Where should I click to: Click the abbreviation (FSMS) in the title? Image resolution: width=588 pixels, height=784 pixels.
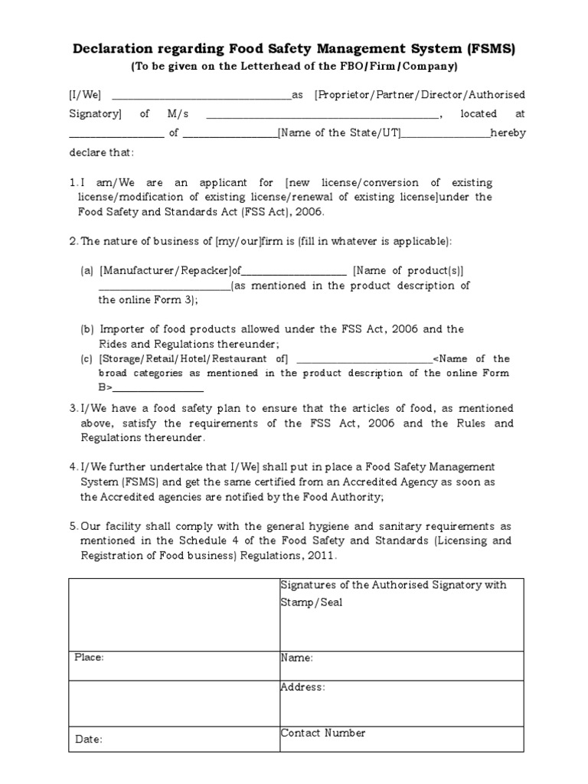coord(488,50)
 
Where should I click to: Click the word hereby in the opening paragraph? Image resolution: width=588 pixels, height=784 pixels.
coord(508,132)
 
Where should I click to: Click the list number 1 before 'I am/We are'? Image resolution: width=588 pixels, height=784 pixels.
coord(72,183)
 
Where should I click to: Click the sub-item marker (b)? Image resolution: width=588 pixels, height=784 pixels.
coord(87,329)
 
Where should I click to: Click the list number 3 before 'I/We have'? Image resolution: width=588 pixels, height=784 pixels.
coord(72,409)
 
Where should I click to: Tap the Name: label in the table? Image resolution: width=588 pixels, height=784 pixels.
coord(296,658)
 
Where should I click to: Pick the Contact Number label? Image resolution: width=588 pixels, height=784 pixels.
coord(323,733)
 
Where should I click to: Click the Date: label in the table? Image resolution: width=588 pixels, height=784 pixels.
coord(88,740)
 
